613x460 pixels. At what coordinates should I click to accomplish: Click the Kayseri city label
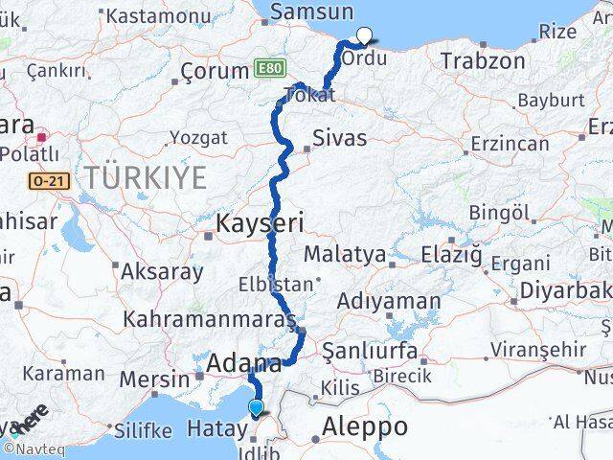point(261,224)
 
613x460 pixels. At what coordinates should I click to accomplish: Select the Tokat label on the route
point(307,95)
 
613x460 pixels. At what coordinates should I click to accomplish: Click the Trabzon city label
point(483,61)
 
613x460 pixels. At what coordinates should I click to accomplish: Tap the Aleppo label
point(366,426)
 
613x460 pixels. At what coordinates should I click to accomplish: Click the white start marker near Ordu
point(364,37)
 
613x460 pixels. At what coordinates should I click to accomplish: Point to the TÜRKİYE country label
point(145,177)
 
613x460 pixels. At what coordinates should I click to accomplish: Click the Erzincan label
point(509,144)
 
